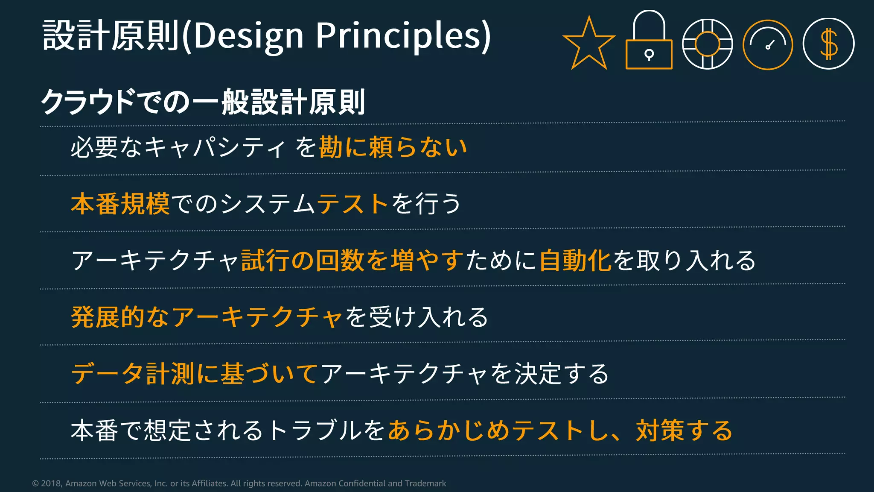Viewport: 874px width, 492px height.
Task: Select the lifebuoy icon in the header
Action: coord(708,44)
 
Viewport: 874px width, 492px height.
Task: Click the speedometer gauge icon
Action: coord(768,44)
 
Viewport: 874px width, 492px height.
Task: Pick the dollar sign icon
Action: coord(828,44)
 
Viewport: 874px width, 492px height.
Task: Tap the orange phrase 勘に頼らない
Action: coord(393,147)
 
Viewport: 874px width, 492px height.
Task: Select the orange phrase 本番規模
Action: coord(120,204)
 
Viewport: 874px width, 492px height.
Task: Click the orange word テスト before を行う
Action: coord(353,204)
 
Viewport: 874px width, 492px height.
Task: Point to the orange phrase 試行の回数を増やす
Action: coord(353,261)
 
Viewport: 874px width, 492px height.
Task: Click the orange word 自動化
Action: coord(575,261)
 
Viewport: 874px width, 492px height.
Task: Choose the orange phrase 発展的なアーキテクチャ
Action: coord(207,317)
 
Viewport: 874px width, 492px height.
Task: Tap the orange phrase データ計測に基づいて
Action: coord(195,374)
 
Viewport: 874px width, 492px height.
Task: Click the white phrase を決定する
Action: coord(549,374)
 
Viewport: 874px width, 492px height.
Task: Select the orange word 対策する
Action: coord(684,430)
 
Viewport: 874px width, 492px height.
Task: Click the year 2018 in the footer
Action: coord(51,483)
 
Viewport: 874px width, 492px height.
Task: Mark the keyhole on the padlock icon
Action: coord(649,54)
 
